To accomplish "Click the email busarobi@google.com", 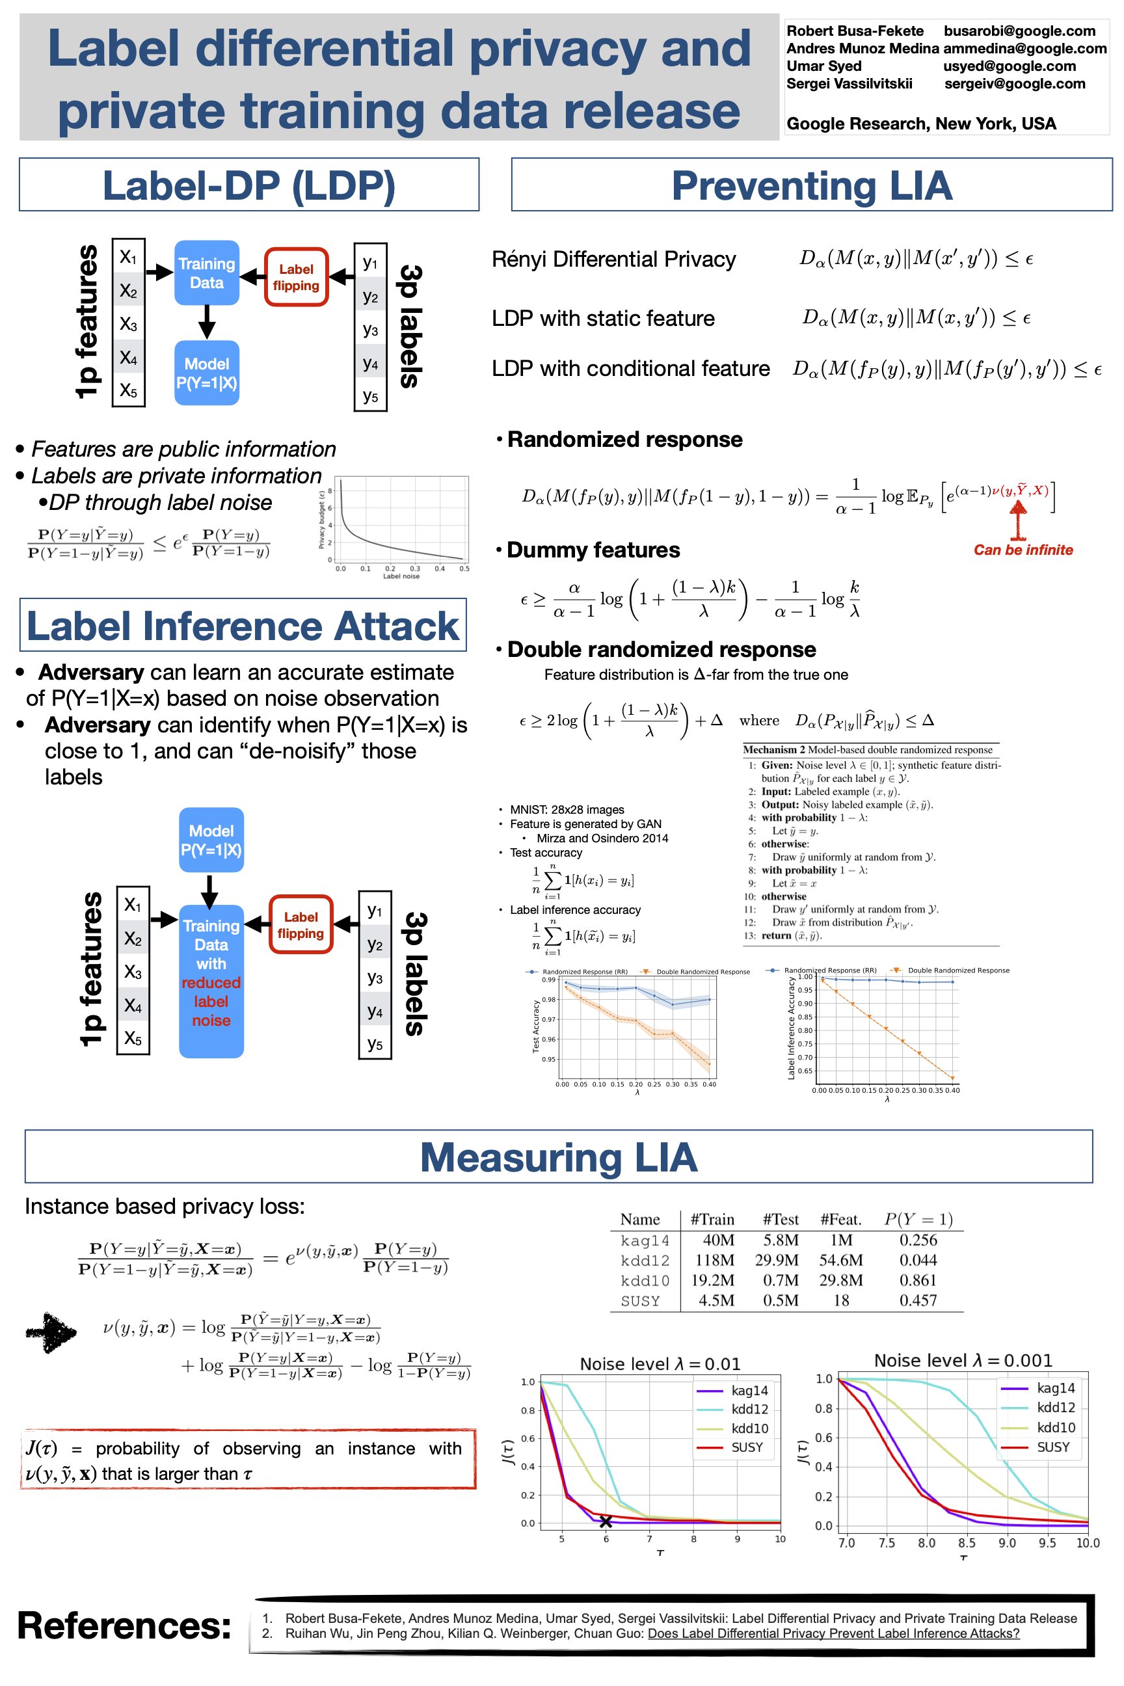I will coord(1019,31).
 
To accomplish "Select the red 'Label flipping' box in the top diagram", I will coord(296,277).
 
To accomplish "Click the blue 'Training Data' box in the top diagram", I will coord(206,273).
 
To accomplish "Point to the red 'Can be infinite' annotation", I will coord(1023,550).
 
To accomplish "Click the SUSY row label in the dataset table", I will coord(640,1301).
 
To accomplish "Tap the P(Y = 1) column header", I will coord(918,1220).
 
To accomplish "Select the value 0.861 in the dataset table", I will coord(918,1280).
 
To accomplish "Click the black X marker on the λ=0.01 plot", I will coord(606,1521).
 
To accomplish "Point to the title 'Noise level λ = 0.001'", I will coord(963,1361).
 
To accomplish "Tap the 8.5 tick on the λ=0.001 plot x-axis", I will coord(967,1543).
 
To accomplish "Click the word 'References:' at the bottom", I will coord(124,1625).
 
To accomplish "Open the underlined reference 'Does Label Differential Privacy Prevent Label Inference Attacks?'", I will coord(833,1634).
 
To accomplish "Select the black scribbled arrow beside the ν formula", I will coord(51,1333).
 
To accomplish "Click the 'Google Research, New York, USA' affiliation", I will coord(921,124).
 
